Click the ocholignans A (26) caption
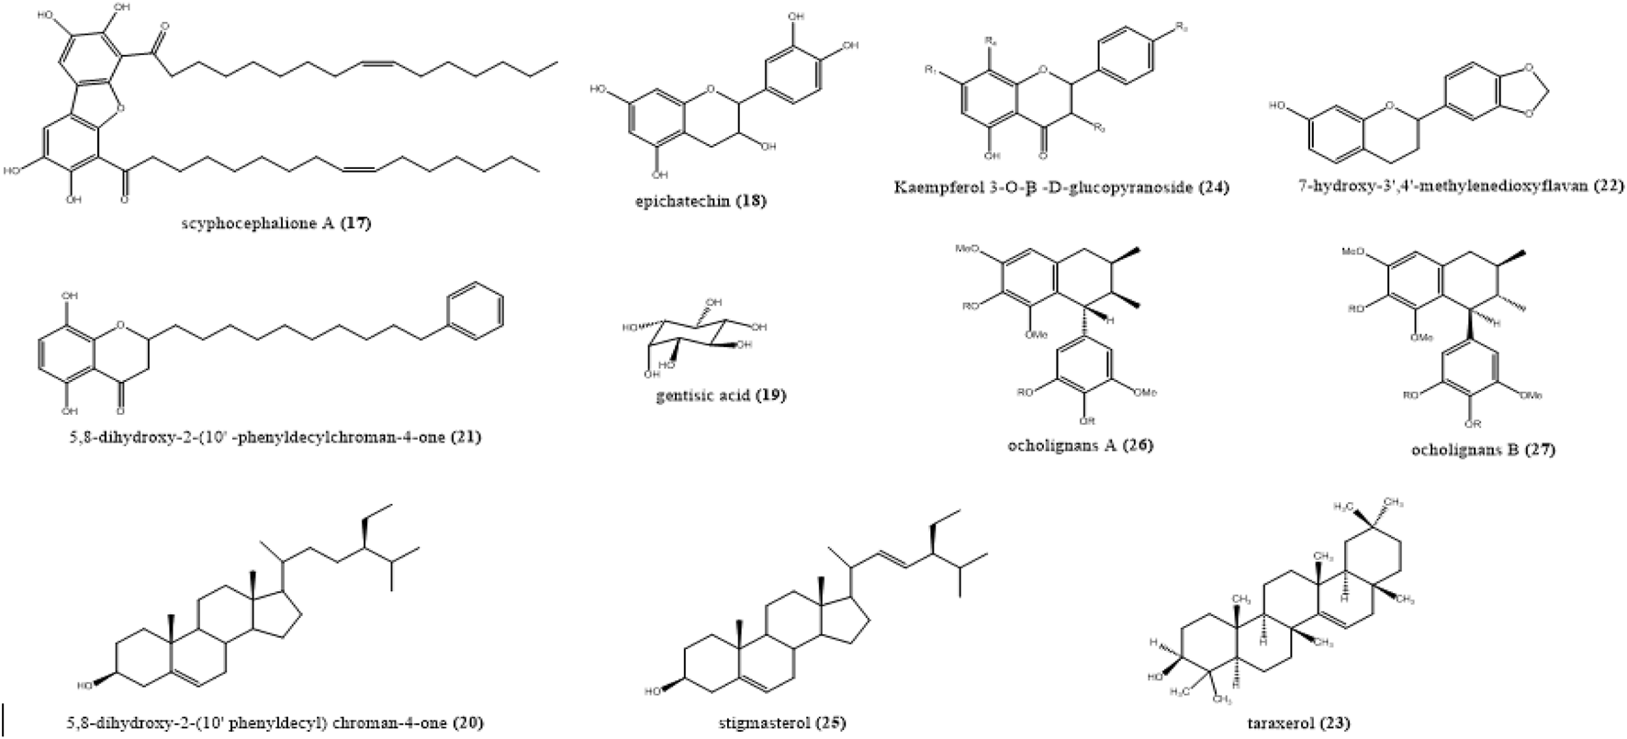click(1079, 445)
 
